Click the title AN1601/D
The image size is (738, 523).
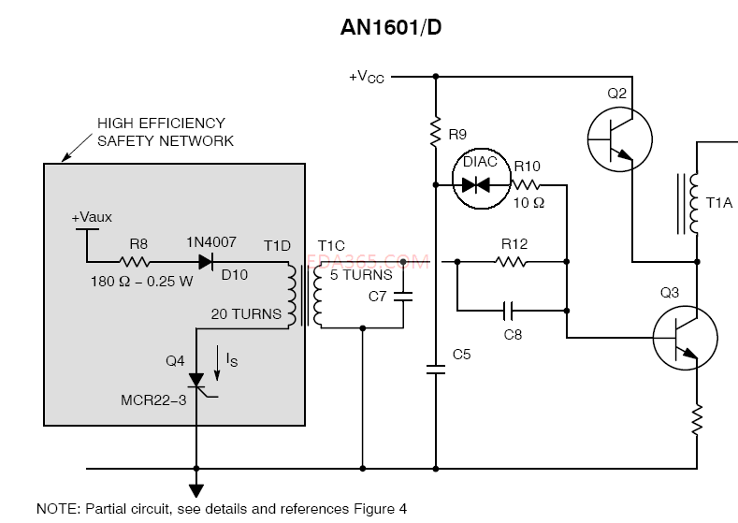point(390,28)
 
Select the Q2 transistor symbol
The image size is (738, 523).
point(619,138)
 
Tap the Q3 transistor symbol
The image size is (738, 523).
point(685,337)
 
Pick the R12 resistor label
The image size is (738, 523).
point(514,244)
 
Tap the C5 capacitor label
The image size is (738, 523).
point(462,354)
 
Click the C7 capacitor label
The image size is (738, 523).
point(378,297)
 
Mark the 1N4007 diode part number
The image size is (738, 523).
point(213,241)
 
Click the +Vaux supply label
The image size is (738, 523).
point(92,217)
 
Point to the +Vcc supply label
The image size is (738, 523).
point(366,77)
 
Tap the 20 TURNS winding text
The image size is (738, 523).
point(248,314)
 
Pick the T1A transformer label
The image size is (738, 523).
point(720,202)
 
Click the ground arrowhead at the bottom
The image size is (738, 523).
point(196,489)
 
